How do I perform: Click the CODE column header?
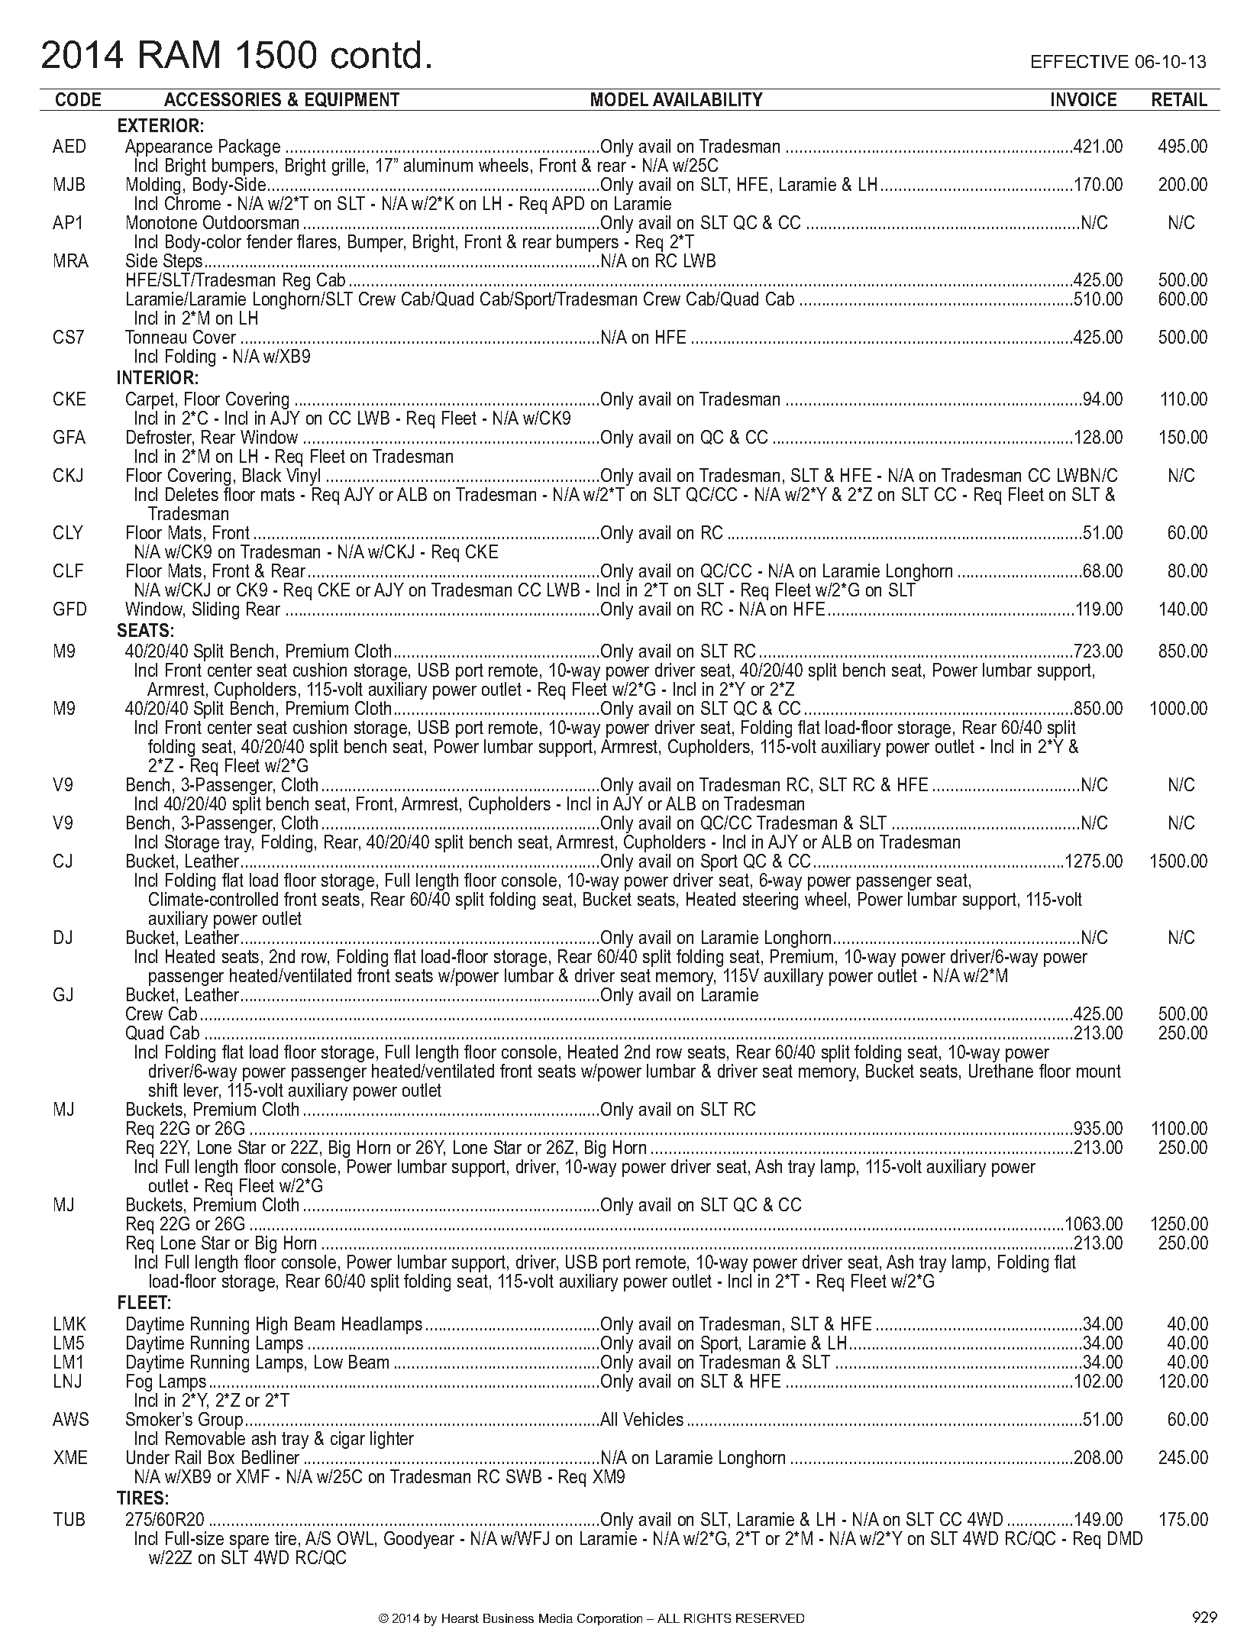[78, 100]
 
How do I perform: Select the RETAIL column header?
[1179, 100]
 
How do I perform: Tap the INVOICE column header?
[1083, 100]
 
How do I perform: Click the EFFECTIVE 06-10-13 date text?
[1118, 62]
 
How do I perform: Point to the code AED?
[69, 147]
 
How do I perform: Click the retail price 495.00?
[1183, 147]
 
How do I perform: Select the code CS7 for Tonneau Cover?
[68, 338]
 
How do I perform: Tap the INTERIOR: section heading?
[157, 378]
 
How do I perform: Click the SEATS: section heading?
[146, 631]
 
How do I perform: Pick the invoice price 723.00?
[1098, 651]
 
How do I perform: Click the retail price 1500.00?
[1178, 861]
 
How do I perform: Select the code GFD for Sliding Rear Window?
[69, 609]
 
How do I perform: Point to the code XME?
[70, 1458]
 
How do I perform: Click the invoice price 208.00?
[1098, 1458]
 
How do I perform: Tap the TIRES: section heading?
[142, 1498]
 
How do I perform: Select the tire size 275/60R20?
[166, 1519]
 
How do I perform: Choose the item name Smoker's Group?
[184, 1420]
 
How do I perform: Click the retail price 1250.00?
[1178, 1224]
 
